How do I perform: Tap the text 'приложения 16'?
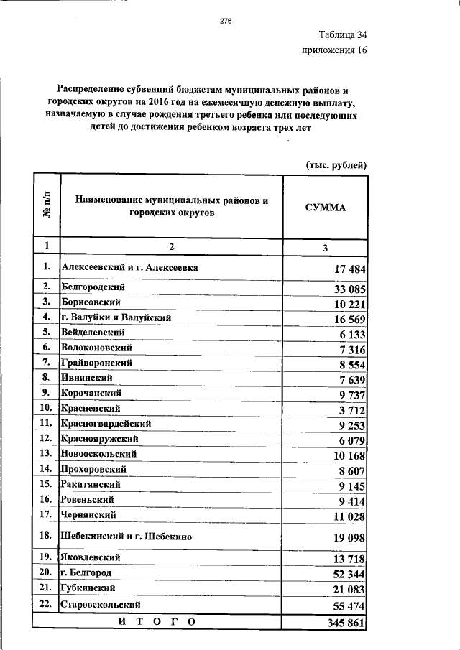click(333, 51)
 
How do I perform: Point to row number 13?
click(46, 453)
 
